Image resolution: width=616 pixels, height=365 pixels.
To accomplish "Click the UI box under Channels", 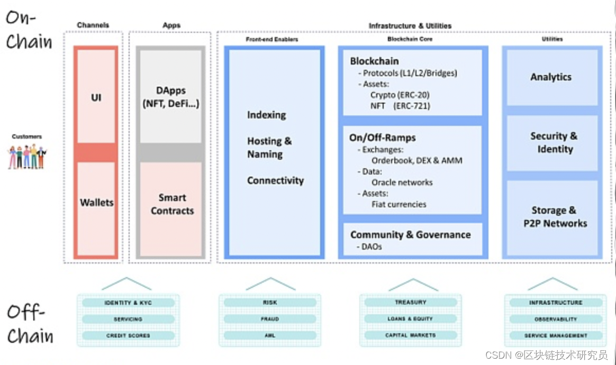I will (96, 97).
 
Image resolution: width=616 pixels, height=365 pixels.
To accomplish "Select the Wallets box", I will (96, 203).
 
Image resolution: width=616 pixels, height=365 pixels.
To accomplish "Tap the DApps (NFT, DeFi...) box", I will (171, 97).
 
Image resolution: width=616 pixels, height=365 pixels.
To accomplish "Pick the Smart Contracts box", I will (172, 204).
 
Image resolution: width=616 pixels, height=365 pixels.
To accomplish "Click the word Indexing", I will (266, 115).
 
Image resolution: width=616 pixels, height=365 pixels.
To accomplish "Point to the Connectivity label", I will (275, 180).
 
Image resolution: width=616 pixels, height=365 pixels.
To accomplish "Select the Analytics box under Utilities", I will (551, 77).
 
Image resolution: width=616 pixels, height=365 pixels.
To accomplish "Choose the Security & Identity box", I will (554, 143).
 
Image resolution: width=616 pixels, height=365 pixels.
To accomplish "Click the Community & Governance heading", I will (410, 234).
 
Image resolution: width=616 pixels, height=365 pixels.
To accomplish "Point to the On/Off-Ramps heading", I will (382, 138).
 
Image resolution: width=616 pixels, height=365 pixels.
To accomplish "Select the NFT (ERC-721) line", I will (400, 106).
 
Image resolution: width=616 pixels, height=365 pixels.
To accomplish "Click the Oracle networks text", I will (402, 182).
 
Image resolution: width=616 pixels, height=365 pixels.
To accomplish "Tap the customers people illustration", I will (27, 157).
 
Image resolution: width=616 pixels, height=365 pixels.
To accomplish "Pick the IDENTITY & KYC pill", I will (128, 303).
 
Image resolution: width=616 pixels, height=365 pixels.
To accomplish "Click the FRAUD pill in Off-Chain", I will (269, 319).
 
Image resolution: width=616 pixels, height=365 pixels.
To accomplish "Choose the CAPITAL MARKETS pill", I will (411, 335).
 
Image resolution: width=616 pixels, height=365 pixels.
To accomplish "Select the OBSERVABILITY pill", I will (555, 319).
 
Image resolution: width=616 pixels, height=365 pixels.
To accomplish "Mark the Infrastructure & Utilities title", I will (410, 25).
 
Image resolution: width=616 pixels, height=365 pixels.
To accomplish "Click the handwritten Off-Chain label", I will (30, 324).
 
